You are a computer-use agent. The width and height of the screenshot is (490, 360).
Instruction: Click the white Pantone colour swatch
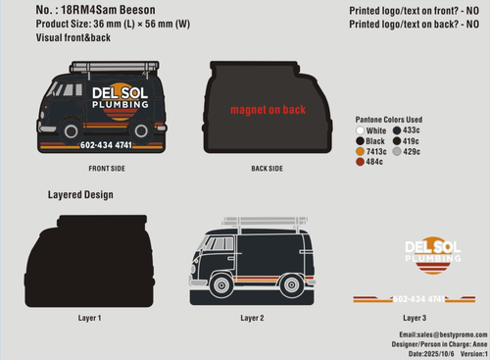click(361, 129)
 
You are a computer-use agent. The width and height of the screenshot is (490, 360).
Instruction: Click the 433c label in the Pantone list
click(411, 129)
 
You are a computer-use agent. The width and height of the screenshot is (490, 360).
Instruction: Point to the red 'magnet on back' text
click(254, 111)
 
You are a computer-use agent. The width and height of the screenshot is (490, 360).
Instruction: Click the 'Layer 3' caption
click(415, 318)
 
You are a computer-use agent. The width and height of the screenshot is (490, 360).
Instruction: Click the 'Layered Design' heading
click(80, 195)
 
